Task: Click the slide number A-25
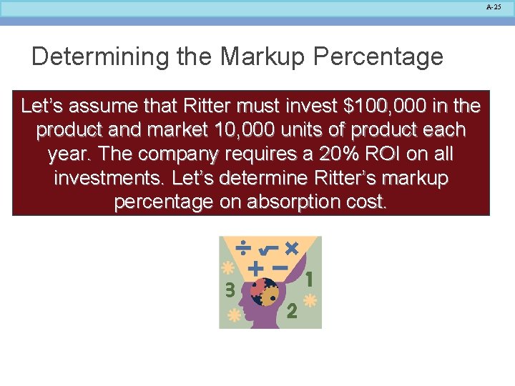pyautogui.click(x=494, y=6)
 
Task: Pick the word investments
pyautogui.click(x=109, y=178)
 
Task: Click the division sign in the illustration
pyautogui.click(x=243, y=247)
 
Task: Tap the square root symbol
pyautogui.click(x=267, y=249)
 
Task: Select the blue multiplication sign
pyautogui.click(x=291, y=248)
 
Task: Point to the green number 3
pyautogui.click(x=230, y=289)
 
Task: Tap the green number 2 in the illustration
pyautogui.click(x=290, y=311)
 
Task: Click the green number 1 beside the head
pyautogui.click(x=309, y=279)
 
